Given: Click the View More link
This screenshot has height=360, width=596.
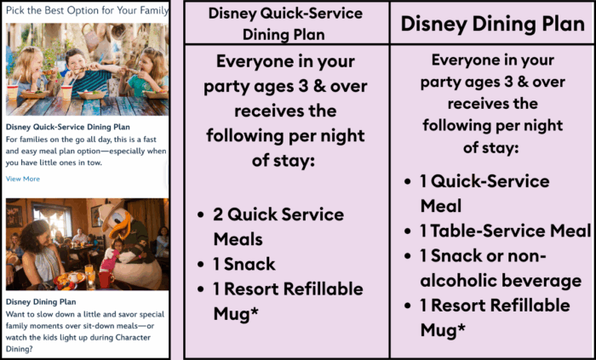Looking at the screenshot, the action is pos(23,179).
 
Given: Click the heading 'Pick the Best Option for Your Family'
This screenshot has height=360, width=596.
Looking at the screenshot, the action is pos(87,10).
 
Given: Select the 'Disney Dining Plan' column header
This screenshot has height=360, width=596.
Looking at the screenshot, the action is pos(493,24).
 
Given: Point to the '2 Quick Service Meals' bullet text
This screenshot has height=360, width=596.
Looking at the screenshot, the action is pos(278,226).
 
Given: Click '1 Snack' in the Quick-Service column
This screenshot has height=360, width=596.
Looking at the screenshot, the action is pos(244,264).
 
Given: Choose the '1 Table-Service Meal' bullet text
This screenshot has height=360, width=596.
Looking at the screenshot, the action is pos(506,231).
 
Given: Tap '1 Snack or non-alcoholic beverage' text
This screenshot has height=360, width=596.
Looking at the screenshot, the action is pos(501,268).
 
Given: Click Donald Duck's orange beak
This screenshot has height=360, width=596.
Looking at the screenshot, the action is pos(118,228).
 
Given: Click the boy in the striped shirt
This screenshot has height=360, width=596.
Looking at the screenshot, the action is pos(87,74).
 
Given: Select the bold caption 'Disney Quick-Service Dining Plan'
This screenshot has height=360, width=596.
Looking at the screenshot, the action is pos(67,127).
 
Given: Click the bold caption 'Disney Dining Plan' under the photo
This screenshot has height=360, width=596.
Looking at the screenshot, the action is pos(41,302).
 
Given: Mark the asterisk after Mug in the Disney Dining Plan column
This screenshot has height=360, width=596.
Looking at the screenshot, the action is pos(461,328).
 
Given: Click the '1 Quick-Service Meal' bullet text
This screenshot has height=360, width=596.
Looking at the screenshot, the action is pos(484,193).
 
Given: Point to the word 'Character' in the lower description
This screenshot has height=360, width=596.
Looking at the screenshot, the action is pos(133,337).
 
